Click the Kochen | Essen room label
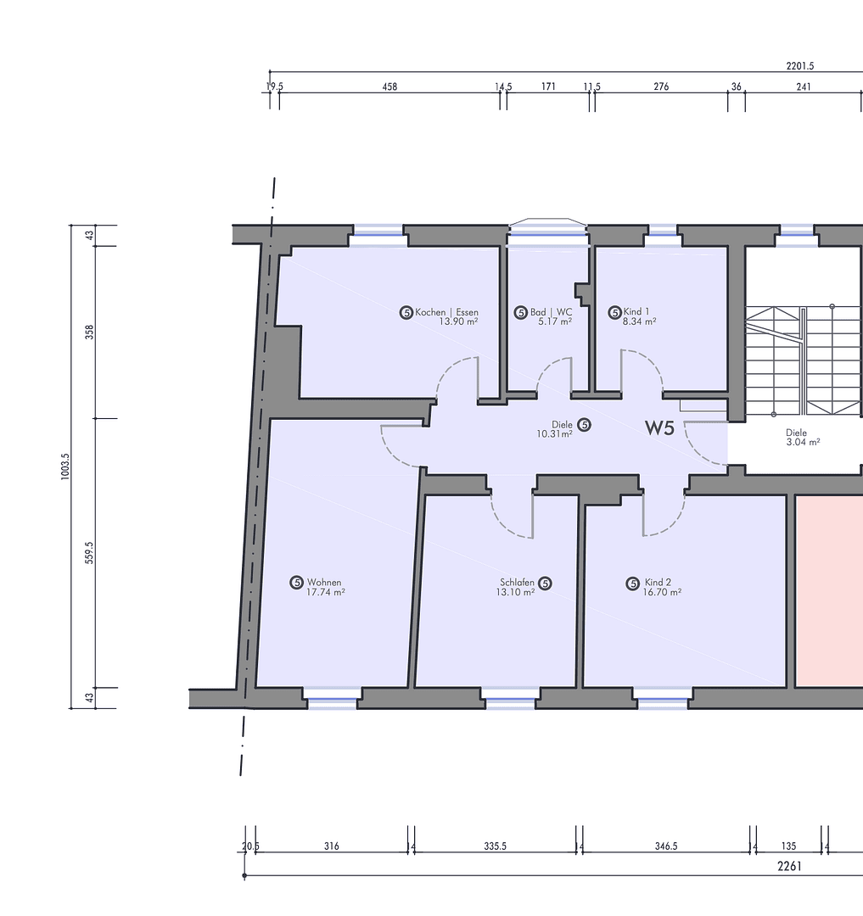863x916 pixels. point(446,312)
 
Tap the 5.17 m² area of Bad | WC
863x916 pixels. point(555,322)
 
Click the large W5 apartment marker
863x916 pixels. point(658,428)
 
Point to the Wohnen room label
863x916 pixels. point(324,583)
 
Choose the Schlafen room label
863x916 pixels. point(517,583)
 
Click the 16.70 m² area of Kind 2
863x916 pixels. point(663,593)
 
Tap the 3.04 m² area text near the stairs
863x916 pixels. point(803,442)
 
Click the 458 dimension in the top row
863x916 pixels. point(389,87)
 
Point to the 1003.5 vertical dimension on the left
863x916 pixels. point(65,466)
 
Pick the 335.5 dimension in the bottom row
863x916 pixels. point(496,846)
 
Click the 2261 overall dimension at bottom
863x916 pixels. point(789,866)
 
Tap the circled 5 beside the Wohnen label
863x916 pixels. point(297,583)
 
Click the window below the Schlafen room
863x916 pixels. point(510,702)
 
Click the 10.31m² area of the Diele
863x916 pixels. point(553,433)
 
